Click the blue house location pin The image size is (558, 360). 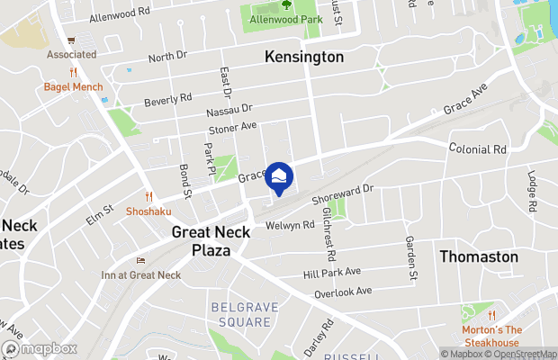(x=281, y=177)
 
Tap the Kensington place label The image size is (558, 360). (x=304, y=57)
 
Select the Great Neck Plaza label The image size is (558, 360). (x=205, y=241)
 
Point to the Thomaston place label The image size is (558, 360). (x=479, y=256)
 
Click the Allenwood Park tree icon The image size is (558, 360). (x=286, y=4)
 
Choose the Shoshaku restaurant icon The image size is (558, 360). (x=148, y=195)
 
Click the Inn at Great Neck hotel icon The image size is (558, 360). (x=139, y=261)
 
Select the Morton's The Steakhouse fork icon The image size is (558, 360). (x=491, y=315)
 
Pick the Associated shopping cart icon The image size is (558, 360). (x=71, y=40)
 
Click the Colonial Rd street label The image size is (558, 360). (x=477, y=148)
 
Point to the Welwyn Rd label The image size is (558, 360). (x=290, y=225)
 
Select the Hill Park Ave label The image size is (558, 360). (x=331, y=271)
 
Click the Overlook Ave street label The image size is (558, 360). (x=343, y=292)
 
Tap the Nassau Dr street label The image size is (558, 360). (x=205, y=112)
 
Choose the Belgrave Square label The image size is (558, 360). (x=241, y=314)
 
